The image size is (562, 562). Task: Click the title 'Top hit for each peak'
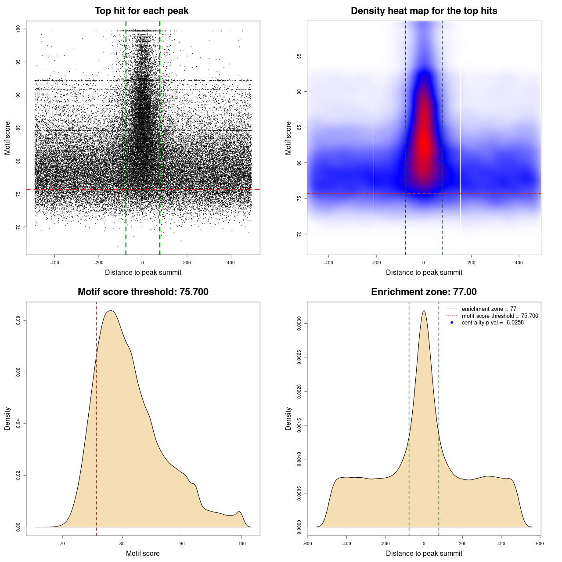click(141, 11)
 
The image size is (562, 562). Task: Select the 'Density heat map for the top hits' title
click(424, 11)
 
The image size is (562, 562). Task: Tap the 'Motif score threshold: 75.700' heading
click(143, 292)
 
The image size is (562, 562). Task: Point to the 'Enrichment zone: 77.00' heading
click(424, 292)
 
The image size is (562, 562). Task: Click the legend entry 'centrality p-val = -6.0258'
click(493, 323)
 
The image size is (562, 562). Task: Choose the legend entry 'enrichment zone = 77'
click(489, 309)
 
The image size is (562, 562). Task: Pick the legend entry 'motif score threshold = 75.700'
click(500, 316)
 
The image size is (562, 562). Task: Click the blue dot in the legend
click(452, 323)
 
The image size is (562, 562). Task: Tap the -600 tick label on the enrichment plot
click(307, 544)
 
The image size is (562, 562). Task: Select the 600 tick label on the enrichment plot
click(540, 544)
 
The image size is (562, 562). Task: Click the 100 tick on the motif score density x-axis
click(241, 544)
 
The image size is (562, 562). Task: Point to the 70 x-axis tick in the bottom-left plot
click(62, 544)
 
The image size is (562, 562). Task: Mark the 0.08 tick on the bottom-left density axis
click(18, 321)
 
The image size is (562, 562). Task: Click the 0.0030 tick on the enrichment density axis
click(299, 324)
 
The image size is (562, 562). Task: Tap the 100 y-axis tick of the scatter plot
click(18, 29)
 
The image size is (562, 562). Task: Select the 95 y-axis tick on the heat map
click(299, 56)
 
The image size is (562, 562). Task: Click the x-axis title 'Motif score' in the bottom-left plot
click(143, 553)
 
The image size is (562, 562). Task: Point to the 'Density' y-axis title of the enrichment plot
click(288, 418)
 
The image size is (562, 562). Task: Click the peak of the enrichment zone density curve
click(424, 311)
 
